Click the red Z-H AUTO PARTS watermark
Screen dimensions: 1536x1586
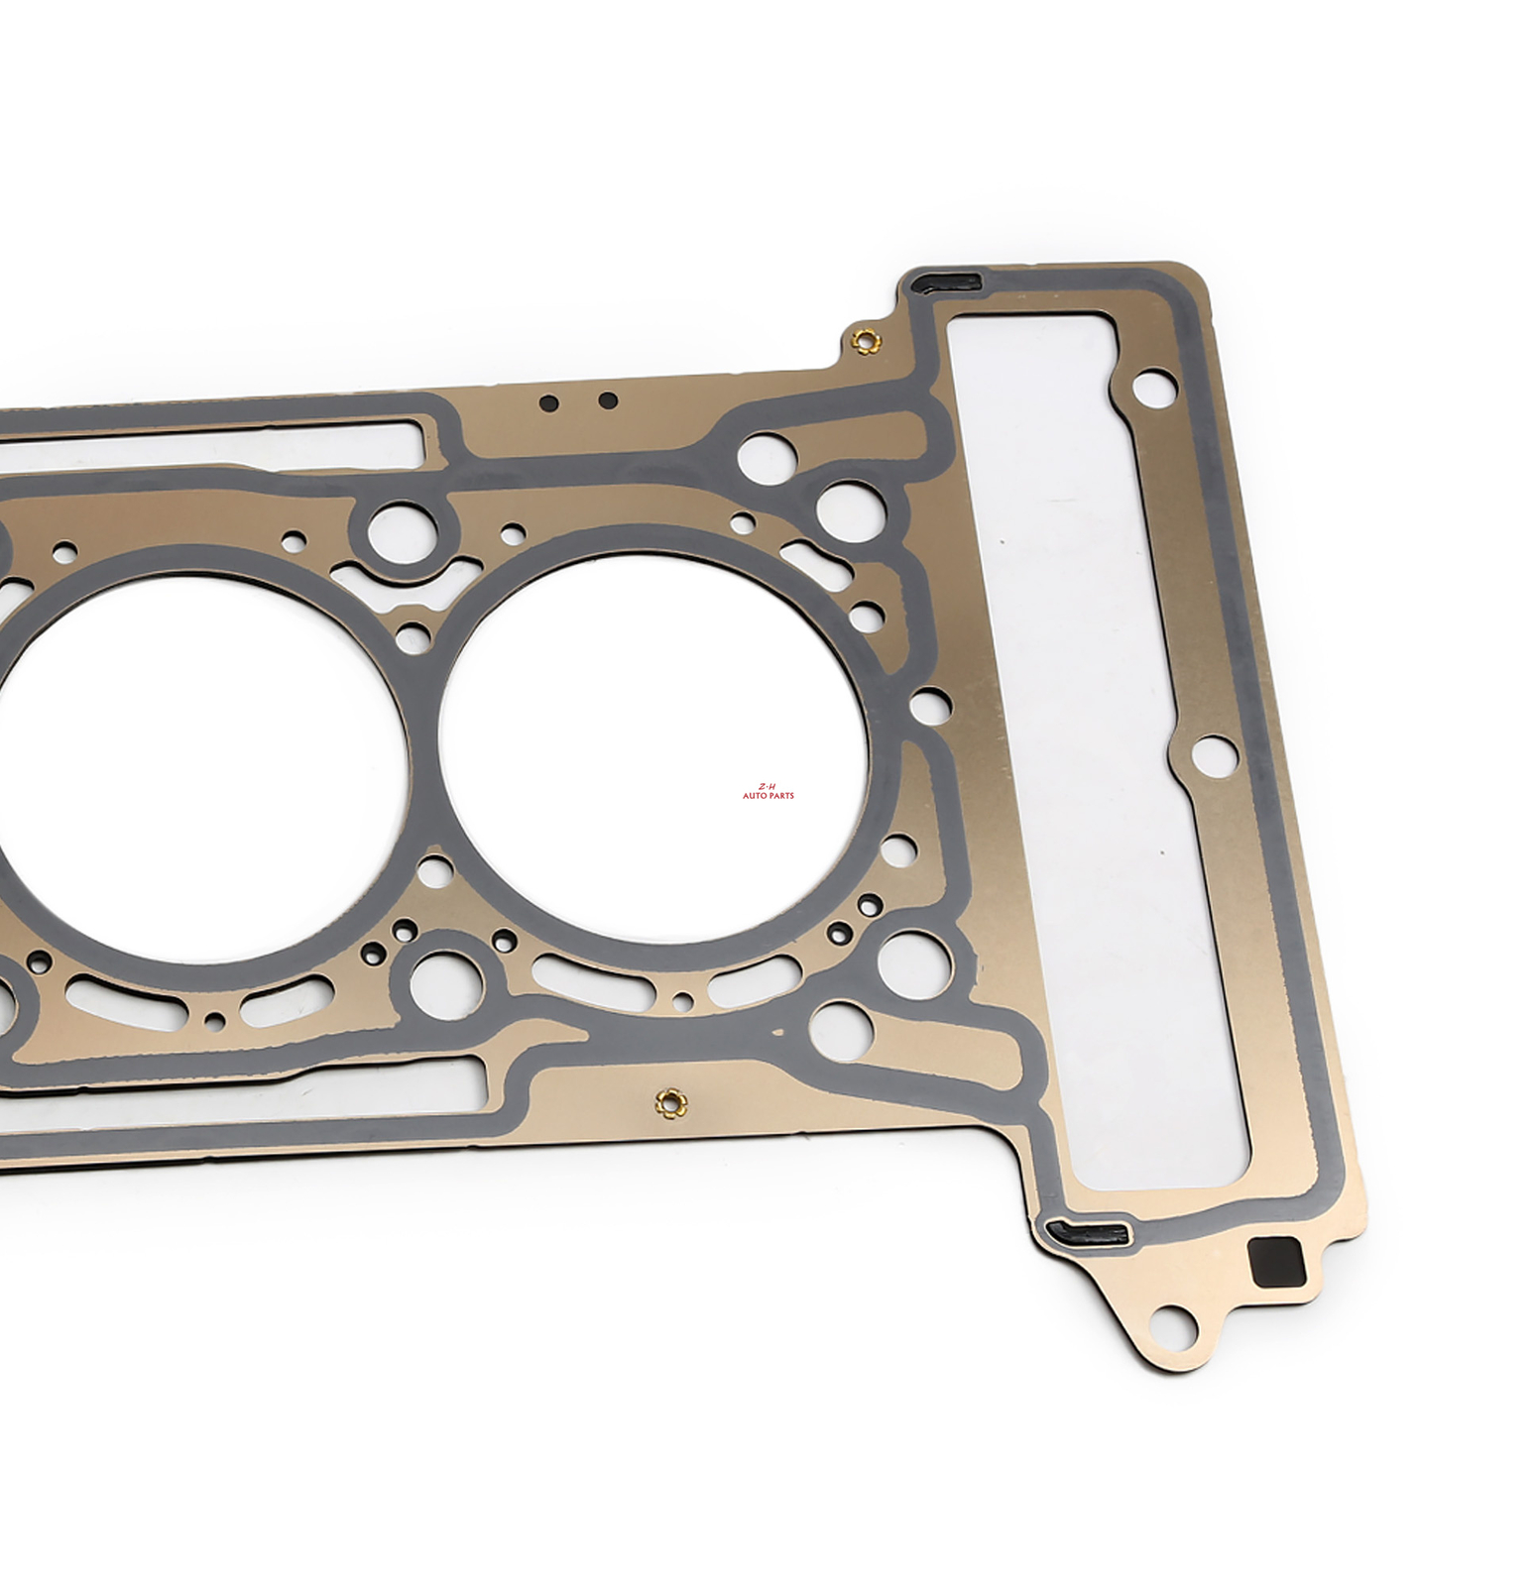tap(768, 790)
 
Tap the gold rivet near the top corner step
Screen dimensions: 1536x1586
tap(866, 342)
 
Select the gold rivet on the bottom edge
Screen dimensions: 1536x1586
tap(670, 1101)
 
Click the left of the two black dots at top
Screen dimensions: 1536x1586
tap(547, 403)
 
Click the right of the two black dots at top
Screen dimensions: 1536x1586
tap(609, 400)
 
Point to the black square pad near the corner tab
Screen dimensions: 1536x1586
tap(1276, 1262)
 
